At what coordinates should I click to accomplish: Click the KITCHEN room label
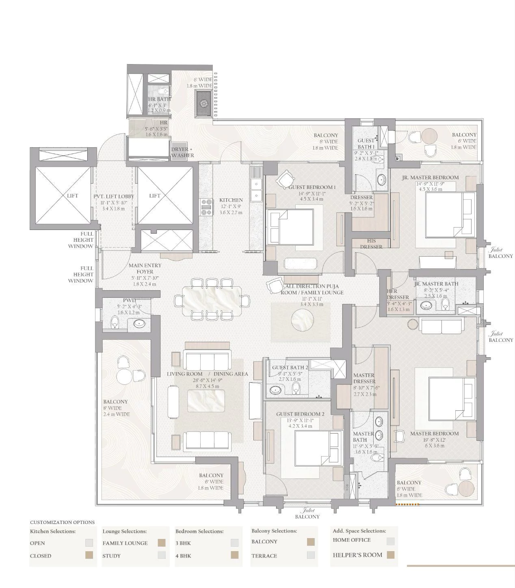[x=231, y=200]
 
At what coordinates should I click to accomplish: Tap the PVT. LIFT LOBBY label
[x=114, y=196]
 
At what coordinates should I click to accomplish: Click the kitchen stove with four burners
[x=206, y=206]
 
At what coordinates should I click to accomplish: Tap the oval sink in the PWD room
[x=139, y=324]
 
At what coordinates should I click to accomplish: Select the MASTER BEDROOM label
[x=434, y=433]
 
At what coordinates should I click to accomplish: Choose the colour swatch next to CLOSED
[x=89, y=555]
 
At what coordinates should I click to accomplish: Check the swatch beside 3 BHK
[x=234, y=543]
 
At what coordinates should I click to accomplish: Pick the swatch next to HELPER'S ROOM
[x=390, y=555]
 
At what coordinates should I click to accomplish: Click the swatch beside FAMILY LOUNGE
[x=162, y=543]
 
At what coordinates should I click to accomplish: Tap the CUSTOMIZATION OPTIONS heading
[x=62, y=522]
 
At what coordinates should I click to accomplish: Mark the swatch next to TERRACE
[x=311, y=555]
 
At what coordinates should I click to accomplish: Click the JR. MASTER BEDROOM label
[x=430, y=177]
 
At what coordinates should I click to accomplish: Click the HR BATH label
[x=159, y=99]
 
